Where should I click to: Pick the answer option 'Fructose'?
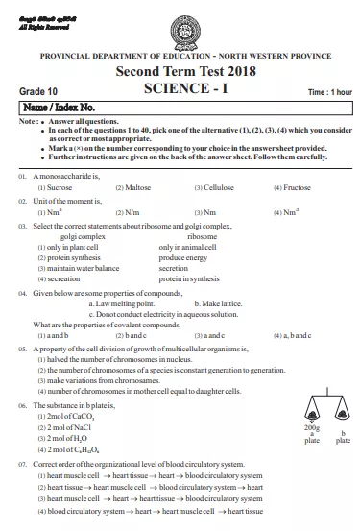(288, 188)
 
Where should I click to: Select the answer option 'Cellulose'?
(211, 188)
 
